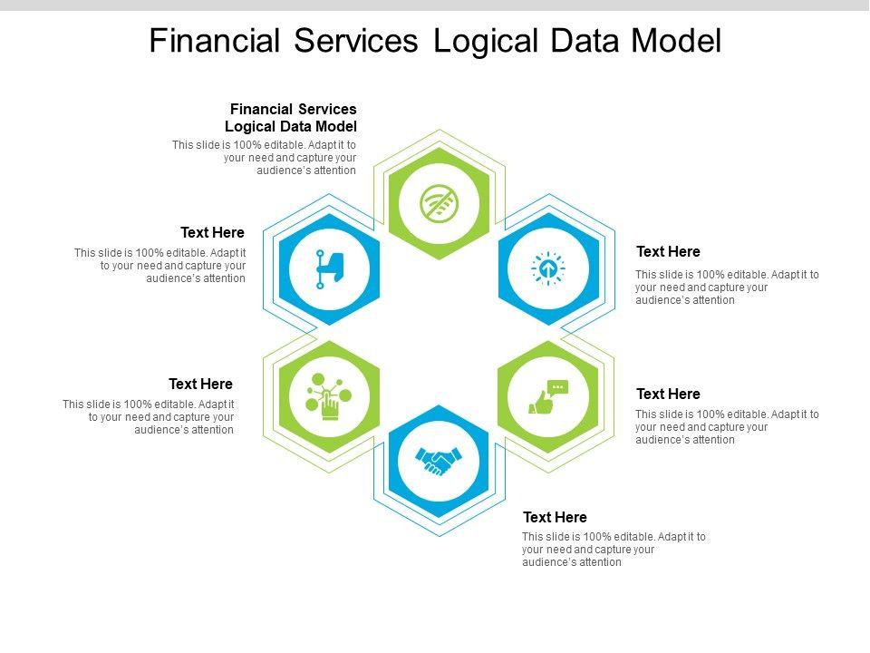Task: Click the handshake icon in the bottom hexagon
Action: coord(439,461)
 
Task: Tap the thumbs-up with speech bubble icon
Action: coord(548,397)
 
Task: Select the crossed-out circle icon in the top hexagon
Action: coord(439,203)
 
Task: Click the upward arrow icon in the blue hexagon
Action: coord(548,268)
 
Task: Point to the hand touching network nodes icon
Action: coord(329,395)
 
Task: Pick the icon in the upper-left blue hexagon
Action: coord(329,268)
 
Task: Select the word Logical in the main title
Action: coord(485,42)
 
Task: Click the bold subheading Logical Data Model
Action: coord(291,126)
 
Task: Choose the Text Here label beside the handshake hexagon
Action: coord(555,517)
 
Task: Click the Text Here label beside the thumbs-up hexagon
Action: coord(668,394)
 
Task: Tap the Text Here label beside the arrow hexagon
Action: coord(668,251)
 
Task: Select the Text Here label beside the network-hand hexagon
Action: coord(200,384)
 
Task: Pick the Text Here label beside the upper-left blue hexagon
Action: coord(212,233)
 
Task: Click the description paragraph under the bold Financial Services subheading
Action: coord(265,157)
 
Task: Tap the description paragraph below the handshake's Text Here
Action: coord(614,549)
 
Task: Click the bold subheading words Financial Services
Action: coord(293,109)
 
